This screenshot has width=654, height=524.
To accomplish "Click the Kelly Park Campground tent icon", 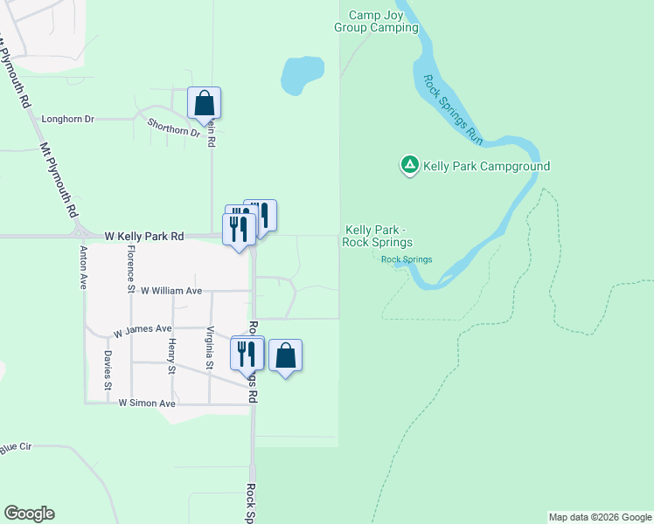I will pos(408,164).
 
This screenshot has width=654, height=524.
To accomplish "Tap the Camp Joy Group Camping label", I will pos(377,21).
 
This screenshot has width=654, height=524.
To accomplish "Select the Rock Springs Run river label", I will pos(453,110).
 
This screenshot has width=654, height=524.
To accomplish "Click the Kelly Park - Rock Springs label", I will pos(378,236).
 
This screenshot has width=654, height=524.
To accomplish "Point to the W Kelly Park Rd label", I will pos(144,236).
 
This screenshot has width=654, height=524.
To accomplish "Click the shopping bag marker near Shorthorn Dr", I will pos(204,104).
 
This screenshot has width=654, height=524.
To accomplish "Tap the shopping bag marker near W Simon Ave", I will pos(285,356).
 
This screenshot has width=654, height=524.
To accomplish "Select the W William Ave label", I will pos(170,291).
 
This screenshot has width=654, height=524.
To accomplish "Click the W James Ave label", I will pos(143,329).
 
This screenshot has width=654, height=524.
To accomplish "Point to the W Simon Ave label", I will pos(147,403).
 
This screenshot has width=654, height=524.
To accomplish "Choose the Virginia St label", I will pos(209,348).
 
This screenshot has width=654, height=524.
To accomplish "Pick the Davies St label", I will pos(108,369).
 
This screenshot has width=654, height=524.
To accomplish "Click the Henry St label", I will pos(172,356).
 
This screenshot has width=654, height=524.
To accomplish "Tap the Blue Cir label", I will pos(16,448).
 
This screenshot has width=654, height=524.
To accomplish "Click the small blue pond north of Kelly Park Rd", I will pos(302,75).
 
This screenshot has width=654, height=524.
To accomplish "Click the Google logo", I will pos(29,514).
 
